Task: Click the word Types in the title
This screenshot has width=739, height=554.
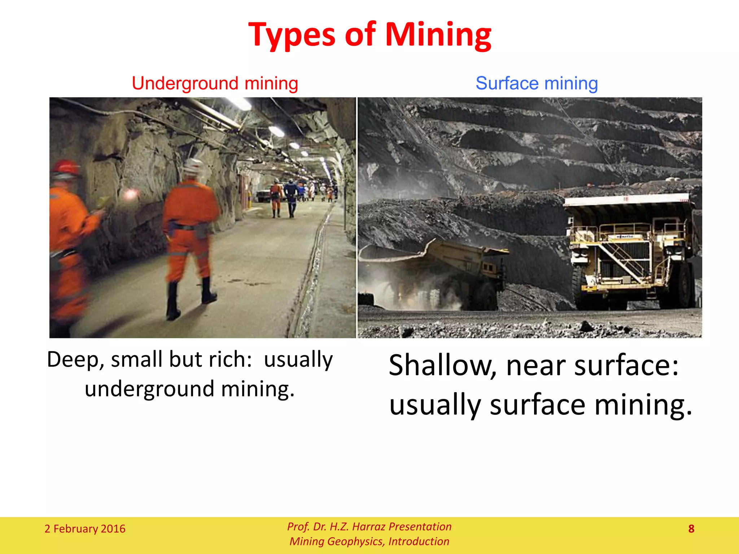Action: click(x=292, y=35)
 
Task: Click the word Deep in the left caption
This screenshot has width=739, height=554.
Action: click(x=74, y=360)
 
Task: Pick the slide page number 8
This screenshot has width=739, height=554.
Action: click(x=691, y=529)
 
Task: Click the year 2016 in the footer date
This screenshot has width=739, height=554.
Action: click(x=113, y=529)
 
